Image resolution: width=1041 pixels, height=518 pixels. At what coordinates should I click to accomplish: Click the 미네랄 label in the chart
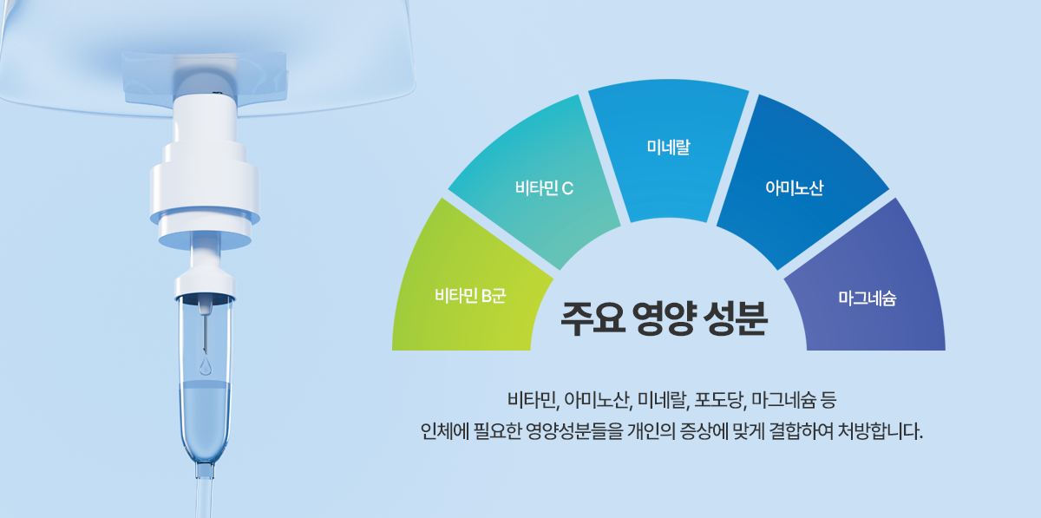click(668, 147)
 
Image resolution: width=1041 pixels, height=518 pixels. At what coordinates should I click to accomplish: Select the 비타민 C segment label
click(544, 188)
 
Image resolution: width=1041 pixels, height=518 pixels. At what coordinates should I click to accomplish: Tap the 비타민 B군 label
click(470, 295)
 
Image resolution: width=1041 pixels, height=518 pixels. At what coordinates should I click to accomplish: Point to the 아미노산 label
click(795, 188)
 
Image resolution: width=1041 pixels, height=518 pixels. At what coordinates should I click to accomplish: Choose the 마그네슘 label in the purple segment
click(867, 298)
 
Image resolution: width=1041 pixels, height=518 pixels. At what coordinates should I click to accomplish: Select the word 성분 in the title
click(736, 318)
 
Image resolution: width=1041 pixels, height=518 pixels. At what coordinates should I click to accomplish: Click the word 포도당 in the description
click(720, 400)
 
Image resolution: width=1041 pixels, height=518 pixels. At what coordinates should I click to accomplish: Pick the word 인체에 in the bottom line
click(445, 431)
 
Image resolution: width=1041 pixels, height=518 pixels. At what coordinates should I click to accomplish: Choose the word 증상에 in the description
click(704, 431)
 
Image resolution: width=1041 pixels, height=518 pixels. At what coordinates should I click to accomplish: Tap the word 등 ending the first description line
click(828, 400)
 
